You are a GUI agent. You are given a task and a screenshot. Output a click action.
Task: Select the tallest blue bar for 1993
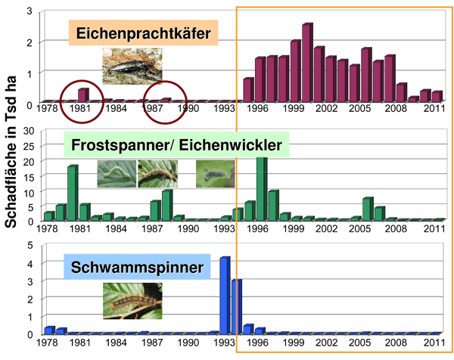click(225, 295)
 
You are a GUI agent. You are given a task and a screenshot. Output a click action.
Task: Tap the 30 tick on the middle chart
click(32, 131)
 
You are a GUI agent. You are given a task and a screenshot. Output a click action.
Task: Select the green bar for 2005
click(367, 209)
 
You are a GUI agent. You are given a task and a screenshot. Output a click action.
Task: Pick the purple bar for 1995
click(248, 89)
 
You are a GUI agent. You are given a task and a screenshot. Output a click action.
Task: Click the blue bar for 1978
click(49, 329)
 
